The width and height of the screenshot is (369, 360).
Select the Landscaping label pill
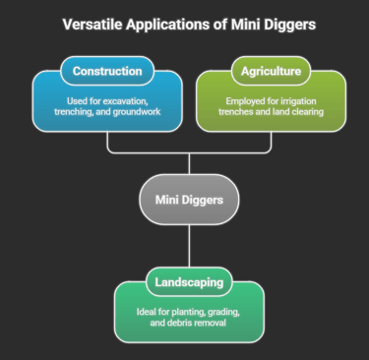188,284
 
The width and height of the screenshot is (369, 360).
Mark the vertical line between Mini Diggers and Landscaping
188,246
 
